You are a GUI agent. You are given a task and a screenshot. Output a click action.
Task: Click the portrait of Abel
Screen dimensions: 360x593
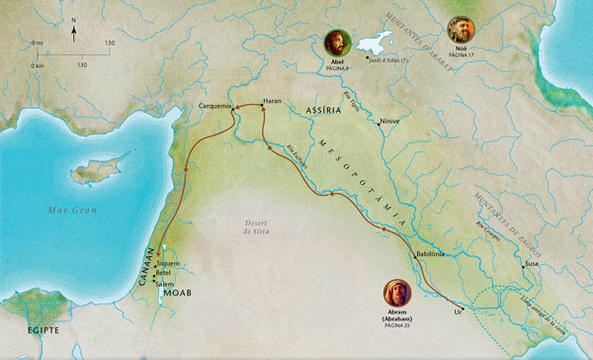[x=337, y=44]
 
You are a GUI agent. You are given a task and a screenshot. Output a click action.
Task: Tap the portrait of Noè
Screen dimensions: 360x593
[x=462, y=28]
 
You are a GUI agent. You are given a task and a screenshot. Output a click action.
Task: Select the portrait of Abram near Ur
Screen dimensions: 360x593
[x=395, y=295]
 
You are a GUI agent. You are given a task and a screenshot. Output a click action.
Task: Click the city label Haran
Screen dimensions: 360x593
[x=274, y=101]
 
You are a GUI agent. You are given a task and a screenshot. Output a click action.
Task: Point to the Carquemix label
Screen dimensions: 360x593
[x=214, y=105]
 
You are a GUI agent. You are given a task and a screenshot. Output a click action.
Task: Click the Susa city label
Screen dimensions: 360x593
[x=531, y=265]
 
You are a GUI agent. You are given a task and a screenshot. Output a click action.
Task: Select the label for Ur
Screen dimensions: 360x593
[x=458, y=311]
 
